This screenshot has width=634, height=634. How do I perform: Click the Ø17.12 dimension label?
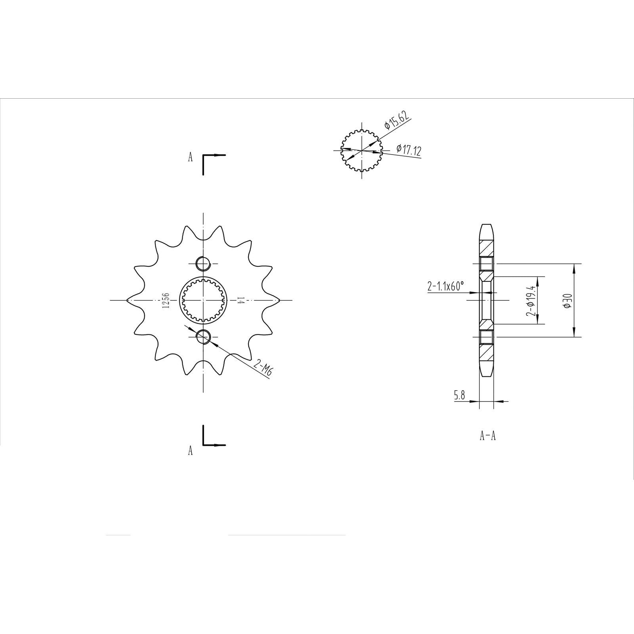pos(409,149)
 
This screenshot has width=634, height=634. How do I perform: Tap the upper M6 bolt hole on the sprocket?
pos(203,263)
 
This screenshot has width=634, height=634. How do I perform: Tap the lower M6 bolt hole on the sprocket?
pos(203,337)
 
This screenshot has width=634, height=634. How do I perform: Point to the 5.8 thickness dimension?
pos(459,395)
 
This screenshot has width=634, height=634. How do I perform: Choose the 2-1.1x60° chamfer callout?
pos(445,286)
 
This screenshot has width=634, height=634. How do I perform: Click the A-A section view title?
pos(487,436)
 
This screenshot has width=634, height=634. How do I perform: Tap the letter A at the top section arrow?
pos(190,158)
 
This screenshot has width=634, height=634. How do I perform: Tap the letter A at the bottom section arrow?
pos(190,451)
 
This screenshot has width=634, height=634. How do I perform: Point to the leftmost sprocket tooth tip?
pos(127,300)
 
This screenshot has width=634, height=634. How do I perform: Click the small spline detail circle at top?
pos(361,151)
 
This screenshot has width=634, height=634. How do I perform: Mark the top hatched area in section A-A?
pos(487,248)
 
